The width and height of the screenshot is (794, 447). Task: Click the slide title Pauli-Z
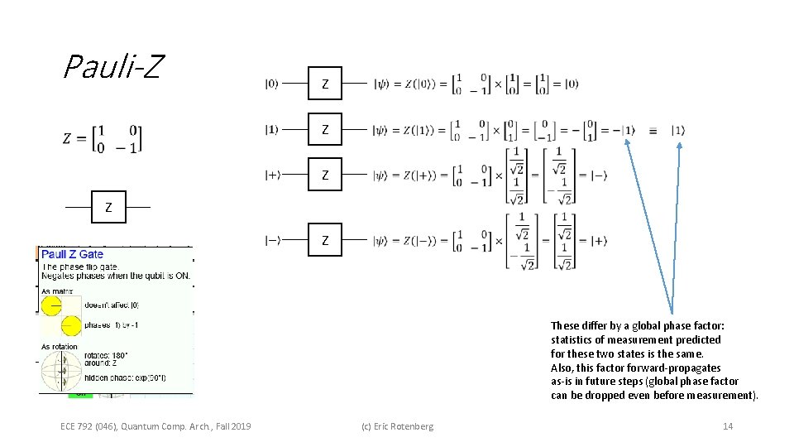pos(112,66)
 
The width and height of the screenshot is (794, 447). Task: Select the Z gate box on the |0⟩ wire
pos(325,84)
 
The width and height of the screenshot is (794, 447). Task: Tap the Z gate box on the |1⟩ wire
pos(325,129)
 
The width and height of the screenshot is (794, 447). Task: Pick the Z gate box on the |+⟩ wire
pos(325,175)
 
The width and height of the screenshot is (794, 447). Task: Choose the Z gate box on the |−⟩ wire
pos(325,240)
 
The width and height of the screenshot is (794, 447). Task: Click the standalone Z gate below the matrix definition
pos(108,207)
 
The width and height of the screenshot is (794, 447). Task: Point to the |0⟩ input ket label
pos(271,84)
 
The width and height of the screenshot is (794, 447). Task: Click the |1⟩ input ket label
pos(271,129)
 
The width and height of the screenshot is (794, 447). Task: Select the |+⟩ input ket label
pos(272,175)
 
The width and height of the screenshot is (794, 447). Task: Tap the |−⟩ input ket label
pos(272,240)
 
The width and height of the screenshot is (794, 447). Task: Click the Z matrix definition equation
pos(102,138)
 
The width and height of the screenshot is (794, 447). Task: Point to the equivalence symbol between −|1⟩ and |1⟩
pos(653,131)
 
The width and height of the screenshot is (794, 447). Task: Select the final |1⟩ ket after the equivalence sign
pos(677,130)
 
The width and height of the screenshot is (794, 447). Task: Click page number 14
pos(728,426)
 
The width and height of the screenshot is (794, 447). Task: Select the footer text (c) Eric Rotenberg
pos(397,426)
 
